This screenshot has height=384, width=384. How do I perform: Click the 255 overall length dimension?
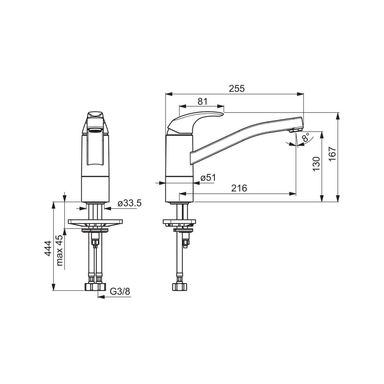point(236,89)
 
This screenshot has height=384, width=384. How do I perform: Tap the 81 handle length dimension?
point(203,101)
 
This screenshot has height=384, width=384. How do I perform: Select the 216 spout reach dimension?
point(239,188)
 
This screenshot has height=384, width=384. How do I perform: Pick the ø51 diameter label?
point(208,177)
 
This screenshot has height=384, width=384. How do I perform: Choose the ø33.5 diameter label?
point(129,203)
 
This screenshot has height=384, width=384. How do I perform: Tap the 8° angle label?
point(306,137)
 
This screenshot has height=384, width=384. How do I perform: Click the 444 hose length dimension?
point(48,248)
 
